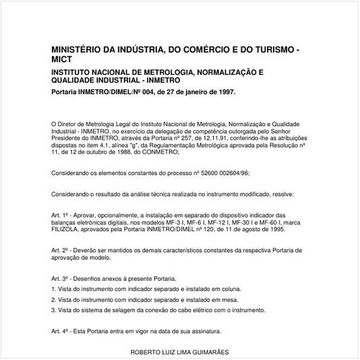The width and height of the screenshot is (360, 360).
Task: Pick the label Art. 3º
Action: click(60, 277)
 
